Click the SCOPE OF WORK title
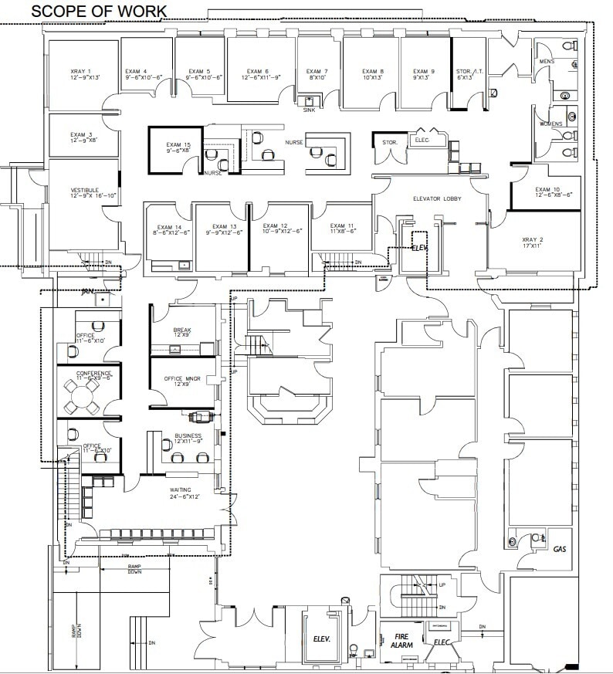click(98, 11)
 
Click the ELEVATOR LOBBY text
click(437, 199)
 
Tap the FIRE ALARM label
click(401, 640)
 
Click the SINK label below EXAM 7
click(310, 110)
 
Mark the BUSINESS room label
click(188, 438)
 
